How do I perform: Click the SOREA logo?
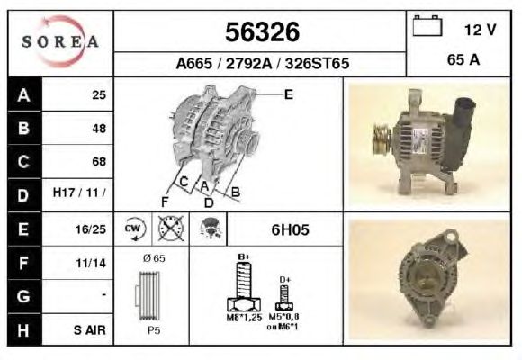pos(60,41)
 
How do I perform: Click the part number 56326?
pos(262,32)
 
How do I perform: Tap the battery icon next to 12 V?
pos(427,25)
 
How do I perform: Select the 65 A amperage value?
pos(463,60)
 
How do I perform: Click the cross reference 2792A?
pos(249,63)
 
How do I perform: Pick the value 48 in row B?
pos(99,129)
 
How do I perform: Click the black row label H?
pos(23,330)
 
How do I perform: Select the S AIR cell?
pos(90,330)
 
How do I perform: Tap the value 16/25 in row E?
pos(91,229)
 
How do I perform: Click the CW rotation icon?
pos(134,229)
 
